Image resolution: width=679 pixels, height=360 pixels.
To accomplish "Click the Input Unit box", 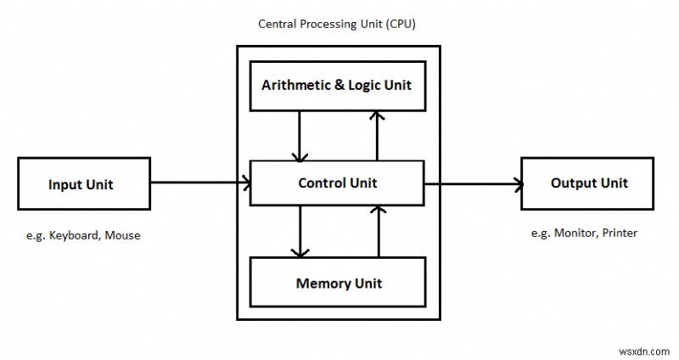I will pos(81,184).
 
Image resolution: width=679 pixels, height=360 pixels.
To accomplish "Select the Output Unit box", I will pos(588,183).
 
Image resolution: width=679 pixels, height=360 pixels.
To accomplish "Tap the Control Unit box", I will pos(337,183).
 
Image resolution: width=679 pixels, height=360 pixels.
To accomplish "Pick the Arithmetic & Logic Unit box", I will pos(337,85).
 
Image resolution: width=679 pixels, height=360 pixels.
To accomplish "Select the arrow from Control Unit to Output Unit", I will pos(471,183).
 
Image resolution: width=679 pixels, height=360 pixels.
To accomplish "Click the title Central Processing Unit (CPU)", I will pos(337,23).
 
